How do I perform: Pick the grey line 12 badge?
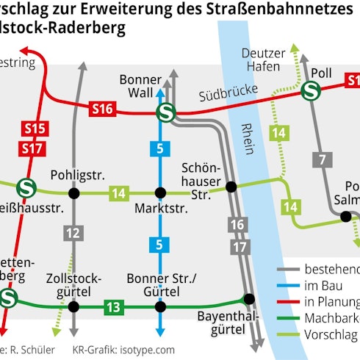coord(72,235)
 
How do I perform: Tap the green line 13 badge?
coord(113,306)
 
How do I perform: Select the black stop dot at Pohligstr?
coord(73,194)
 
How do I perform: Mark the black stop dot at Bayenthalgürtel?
coord(249,298)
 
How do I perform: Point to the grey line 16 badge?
coord(236,224)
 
